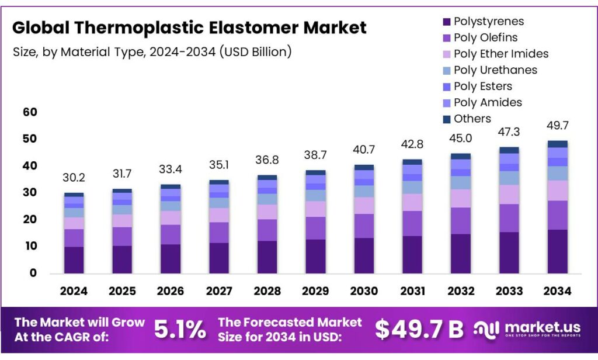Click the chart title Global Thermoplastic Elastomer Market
(189, 27)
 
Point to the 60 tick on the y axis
(29, 112)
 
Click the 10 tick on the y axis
(29, 247)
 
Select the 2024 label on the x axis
(74, 291)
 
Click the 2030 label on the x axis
(364, 291)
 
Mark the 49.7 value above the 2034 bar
(557, 126)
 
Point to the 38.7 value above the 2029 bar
(315, 156)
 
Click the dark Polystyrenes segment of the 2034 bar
(557, 251)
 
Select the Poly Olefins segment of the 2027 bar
(219, 232)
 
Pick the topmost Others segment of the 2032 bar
(461, 156)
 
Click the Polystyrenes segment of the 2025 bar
(122, 259)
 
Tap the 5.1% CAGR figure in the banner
(180, 330)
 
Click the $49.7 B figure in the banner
(419, 330)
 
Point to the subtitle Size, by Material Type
(152, 51)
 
